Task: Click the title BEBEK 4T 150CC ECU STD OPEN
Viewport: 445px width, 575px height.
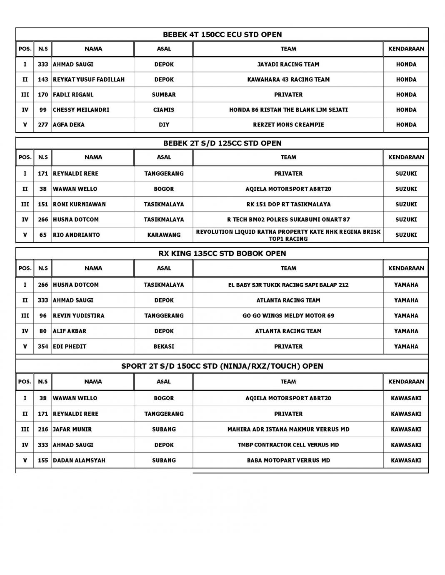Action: tap(222, 35)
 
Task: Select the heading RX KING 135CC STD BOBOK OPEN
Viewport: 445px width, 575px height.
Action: tap(222, 253)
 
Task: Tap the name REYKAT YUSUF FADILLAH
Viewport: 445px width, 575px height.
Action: tap(89, 79)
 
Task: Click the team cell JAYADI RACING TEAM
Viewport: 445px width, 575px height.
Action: tap(288, 64)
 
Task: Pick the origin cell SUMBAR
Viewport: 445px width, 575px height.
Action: tap(164, 94)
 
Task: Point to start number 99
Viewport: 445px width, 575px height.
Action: tap(43, 110)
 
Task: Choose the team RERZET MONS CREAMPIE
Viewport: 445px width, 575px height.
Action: tap(288, 124)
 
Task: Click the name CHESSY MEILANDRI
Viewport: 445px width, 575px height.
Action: tap(81, 110)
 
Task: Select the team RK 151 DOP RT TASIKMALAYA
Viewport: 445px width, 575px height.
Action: tap(288, 204)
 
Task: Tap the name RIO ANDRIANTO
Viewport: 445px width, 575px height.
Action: tap(77, 235)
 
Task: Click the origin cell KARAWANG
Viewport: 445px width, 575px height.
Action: tap(164, 235)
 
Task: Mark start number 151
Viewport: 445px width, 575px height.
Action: tap(43, 204)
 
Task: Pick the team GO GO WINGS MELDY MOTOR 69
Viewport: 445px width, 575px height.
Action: tap(288, 315)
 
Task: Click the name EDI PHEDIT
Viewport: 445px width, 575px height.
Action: tap(70, 346)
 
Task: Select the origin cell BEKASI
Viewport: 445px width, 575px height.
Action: tap(164, 346)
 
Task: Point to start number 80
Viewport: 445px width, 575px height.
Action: tap(43, 331)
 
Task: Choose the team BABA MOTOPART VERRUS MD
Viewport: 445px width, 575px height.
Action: tap(288, 460)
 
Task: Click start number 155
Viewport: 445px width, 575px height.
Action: tap(43, 460)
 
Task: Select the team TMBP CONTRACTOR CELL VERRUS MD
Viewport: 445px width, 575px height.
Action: tap(288, 445)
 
